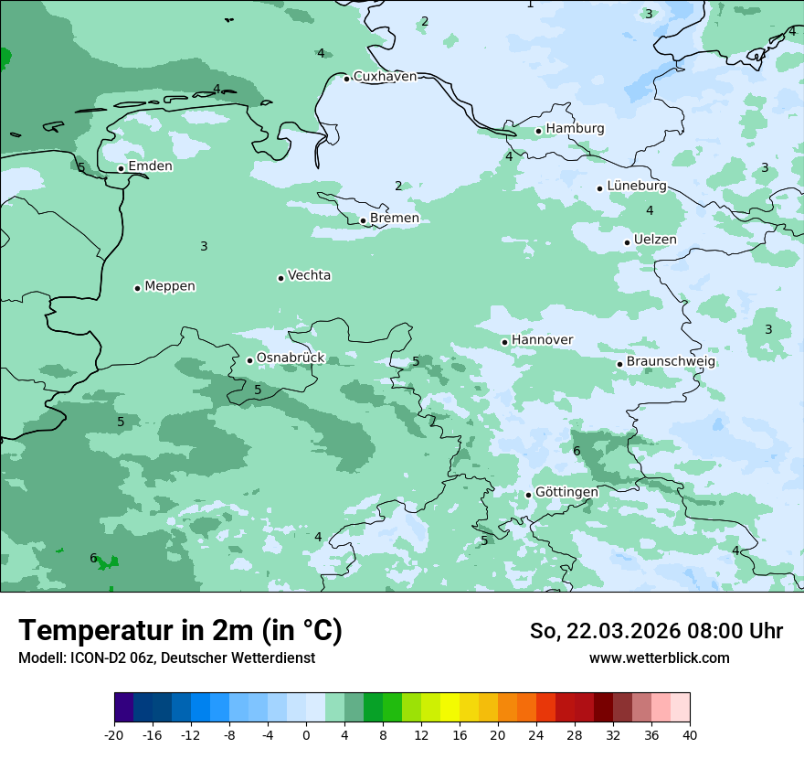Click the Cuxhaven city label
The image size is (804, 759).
pyautogui.click(x=385, y=77)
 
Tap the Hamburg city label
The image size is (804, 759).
pyautogui.click(x=575, y=129)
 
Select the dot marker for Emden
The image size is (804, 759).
pyautogui.click(x=121, y=168)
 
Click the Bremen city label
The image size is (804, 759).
pyautogui.click(x=394, y=219)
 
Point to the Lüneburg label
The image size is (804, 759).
pyautogui.click(x=636, y=187)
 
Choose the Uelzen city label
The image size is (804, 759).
pyautogui.click(x=655, y=241)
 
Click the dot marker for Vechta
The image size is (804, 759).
pyautogui.click(x=280, y=278)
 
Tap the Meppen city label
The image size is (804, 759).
pyautogui.click(x=170, y=286)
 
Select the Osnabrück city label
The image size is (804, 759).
pyautogui.click(x=291, y=358)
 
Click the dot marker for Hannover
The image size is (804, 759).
pyautogui.click(x=504, y=342)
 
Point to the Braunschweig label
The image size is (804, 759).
pyautogui.click(x=671, y=362)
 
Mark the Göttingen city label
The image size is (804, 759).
pyautogui.click(x=566, y=493)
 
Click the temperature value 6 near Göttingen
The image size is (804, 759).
pyautogui.click(x=577, y=451)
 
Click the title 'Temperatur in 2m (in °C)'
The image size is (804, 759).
pyautogui.click(x=180, y=631)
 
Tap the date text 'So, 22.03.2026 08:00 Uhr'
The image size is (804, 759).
pyautogui.click(x=656, y=631)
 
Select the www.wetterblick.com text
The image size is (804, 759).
pyautogui.click(x=659, y=658)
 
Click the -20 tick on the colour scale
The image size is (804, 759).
pyautogui.click(x=114, y=734)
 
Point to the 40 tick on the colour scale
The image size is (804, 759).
pyautogui.click(x=690, y=734)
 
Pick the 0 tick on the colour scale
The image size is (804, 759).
pyautogui.click(x=306, y=734)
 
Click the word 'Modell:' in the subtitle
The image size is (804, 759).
pyautogui.click(x=41, y=658)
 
